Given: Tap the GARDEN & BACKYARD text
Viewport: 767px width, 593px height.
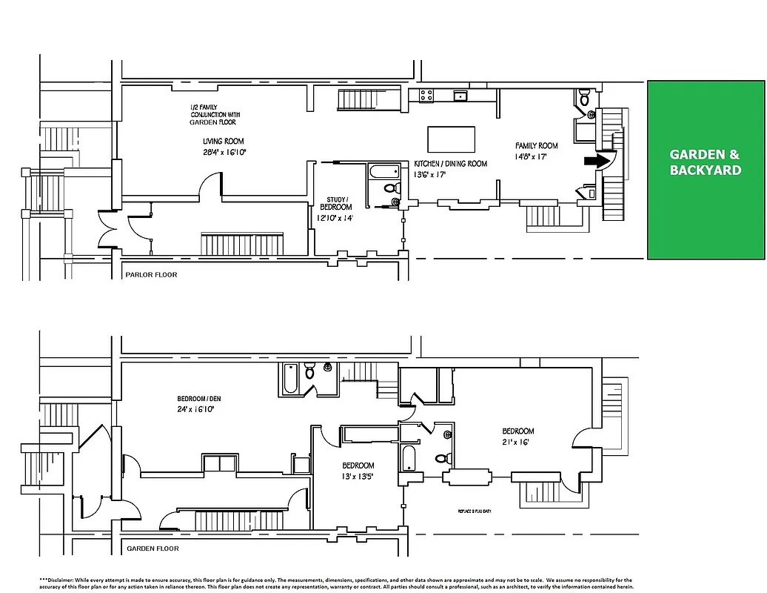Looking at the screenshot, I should [x=706, y=162].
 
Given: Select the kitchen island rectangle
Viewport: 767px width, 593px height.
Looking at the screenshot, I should [x=452, y=139].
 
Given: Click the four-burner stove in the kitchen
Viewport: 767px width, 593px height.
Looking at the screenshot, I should [x=426, y=95].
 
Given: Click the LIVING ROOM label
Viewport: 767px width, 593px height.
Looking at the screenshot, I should [x=224, y=142].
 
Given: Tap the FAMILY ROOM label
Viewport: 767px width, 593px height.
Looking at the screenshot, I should [x=537, y=146].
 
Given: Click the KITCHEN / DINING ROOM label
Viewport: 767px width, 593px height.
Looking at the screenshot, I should [x=450, y=164].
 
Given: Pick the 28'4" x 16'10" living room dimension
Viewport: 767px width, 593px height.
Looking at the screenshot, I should [x=224, y=151].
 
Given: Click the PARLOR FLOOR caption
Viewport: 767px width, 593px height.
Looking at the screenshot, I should [x=152, y=274].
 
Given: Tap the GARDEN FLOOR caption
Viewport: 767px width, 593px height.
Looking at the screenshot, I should [x=153, y=549].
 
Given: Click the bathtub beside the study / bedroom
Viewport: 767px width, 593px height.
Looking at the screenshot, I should [x=383, y=172].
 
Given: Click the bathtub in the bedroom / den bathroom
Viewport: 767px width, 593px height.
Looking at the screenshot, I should [x=289, y=380].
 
